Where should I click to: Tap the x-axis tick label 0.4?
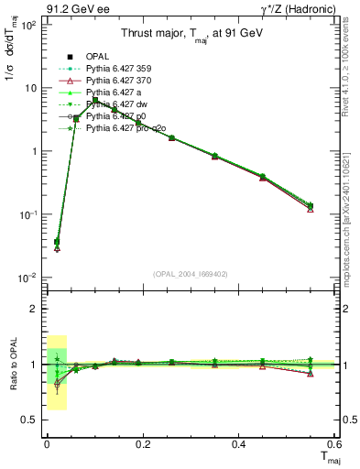238,442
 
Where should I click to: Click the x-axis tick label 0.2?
142,442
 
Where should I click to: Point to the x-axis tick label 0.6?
333,442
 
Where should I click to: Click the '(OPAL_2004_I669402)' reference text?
191,273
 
